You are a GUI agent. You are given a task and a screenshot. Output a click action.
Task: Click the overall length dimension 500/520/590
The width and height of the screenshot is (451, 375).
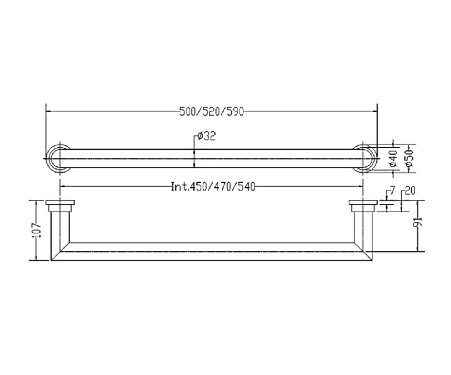pyautogui.click(x=211, y=111)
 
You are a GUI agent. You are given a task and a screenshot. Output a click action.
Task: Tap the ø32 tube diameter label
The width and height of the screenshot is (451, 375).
pyautogui.click(x=206, y=136)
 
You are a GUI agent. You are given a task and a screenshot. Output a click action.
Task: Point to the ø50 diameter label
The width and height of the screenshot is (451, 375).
pyautogui.click(x=409, y=158)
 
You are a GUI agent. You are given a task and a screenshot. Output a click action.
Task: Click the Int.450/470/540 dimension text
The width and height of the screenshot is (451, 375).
pyautogui.click(x=213, y=187)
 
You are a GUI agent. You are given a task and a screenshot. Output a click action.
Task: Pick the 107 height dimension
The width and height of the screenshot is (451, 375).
pyautogui.click(x=37, y=230)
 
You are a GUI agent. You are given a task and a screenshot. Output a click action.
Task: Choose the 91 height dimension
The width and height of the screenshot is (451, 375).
pyautogui.click(x=419, y=221)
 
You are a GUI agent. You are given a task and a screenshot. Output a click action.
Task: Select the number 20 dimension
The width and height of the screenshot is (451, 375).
pyautogui.click(x=410, y=191)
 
